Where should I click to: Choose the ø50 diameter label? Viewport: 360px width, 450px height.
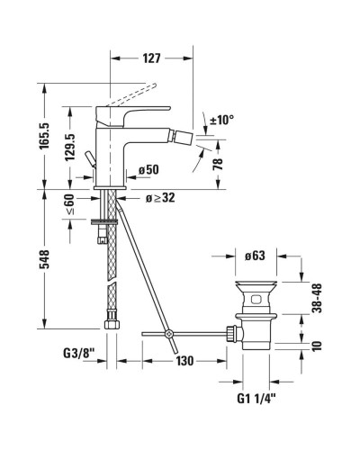click(x=148, y=169)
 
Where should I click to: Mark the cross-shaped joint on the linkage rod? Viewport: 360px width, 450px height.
click(x=168, y=337)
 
